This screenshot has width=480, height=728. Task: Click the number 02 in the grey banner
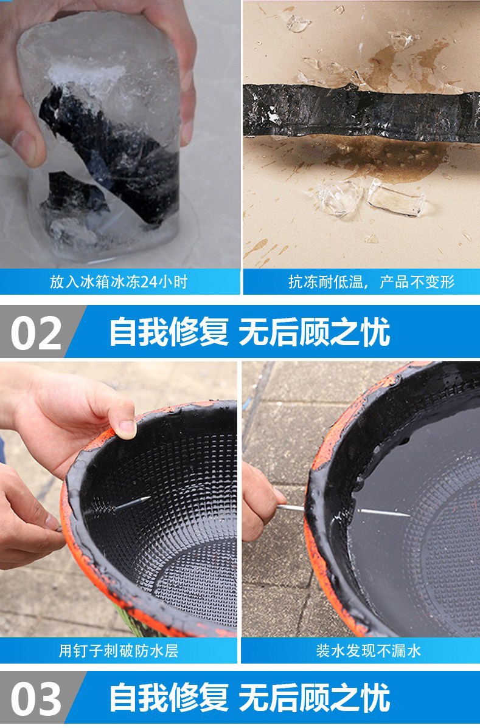(37, 332)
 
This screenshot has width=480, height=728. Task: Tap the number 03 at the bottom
(37, 697)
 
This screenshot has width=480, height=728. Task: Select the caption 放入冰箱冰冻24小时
(118, 282)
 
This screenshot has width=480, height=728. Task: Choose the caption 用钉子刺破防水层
(118, 651)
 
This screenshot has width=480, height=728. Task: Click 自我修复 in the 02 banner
(169, 332)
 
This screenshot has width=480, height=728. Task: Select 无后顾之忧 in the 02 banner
(314, 332)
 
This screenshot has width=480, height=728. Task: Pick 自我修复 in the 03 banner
(169, 697)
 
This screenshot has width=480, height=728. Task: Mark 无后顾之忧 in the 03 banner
(314, 697)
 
